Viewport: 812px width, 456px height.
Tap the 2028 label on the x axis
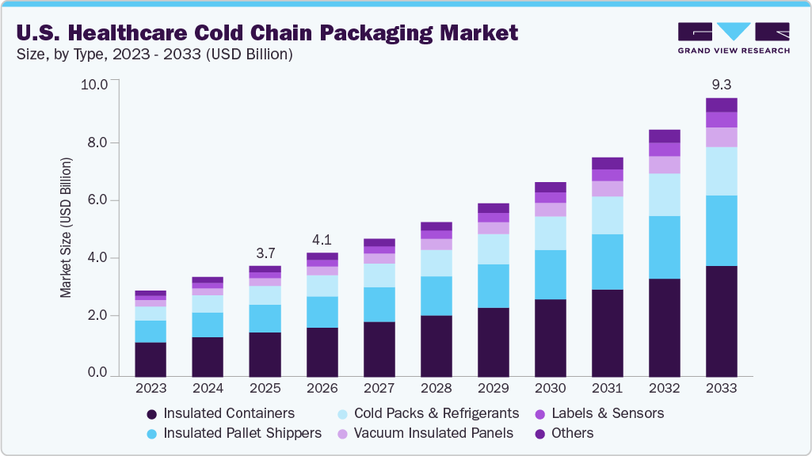click(x=436, y=389)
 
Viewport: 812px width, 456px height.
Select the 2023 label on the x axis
click(x=151, y=389)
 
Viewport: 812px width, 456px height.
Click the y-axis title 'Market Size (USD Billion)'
click(x=66, y=227)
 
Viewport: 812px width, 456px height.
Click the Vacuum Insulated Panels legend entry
click(x=425, y=433)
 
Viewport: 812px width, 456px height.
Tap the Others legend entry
click(x=565, y=433)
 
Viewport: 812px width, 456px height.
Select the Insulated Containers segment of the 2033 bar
click(x=721, y=321)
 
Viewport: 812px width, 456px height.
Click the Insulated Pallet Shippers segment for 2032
click(x=664, y=247)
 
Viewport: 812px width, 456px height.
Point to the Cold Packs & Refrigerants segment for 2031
click(x=607, y=215)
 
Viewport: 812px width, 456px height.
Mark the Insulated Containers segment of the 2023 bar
click(x=151, y=359)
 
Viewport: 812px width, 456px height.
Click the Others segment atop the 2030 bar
click(x=550, y=187)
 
